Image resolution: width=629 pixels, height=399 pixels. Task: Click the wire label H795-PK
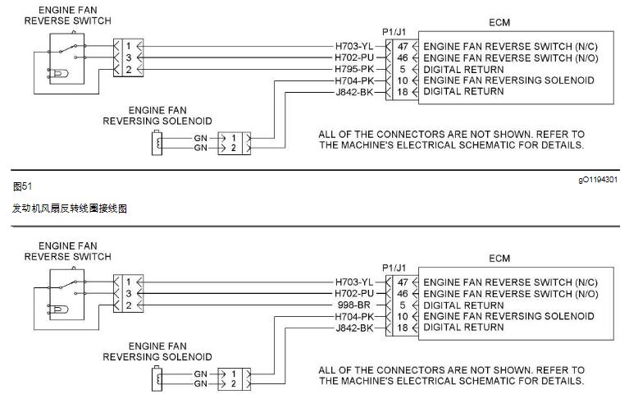(x=354, y=70)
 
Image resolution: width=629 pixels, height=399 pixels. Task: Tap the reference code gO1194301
(x=596, y=178)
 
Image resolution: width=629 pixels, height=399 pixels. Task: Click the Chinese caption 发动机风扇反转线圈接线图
(x=70, y=210)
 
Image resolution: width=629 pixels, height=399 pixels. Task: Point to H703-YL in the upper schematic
(x=354, y=47)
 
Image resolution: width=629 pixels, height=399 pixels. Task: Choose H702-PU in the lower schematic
(x=354, y=294)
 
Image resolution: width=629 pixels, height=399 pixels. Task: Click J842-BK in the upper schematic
(x=354, y=92)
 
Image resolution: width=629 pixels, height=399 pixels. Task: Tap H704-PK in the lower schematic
(x=354, y=317)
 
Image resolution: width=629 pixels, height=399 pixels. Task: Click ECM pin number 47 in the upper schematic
(x=401, y=47)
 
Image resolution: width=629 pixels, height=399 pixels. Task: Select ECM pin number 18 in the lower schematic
(x=401, y=328)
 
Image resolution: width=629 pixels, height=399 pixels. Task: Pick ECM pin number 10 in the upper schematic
(x=401, y=81)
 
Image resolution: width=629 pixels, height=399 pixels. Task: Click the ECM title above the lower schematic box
(x=499, y=259)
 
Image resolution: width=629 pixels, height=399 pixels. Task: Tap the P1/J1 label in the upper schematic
(x=395, y=33)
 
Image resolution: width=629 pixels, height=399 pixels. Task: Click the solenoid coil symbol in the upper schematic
(x=158, y=144)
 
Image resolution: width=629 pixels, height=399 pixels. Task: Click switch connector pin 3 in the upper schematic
(x=130, y=58)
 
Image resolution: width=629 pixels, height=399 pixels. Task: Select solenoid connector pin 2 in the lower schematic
(x=234, y=384)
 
